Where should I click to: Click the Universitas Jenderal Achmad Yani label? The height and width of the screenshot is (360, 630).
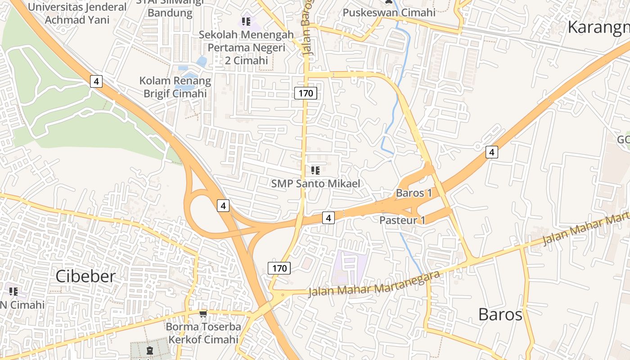click(77, 13)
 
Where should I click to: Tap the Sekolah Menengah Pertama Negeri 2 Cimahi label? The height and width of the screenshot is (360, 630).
click(246, 47)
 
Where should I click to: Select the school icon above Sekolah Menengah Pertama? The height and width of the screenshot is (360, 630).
click(246, 21)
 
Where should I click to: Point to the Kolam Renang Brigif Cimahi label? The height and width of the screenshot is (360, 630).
click(175, 87)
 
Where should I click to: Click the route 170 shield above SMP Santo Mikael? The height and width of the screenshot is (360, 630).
click(306, 93)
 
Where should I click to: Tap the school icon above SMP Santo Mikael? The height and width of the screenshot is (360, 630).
click(315, 170)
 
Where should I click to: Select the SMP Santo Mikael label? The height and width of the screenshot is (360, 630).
click(315, 184)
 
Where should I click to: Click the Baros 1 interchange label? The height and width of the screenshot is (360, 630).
click(414, 193)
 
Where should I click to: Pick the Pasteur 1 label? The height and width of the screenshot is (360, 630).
click(402, 220)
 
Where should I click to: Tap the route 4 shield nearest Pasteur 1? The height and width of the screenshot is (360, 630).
click(328, 218)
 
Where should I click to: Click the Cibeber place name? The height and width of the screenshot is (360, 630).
click(85, 276)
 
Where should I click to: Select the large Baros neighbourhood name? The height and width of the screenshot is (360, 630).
click(500, 314)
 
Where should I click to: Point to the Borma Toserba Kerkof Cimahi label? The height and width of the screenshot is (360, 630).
click(203, 333)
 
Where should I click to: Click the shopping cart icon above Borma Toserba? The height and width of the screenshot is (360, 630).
click(203, 313)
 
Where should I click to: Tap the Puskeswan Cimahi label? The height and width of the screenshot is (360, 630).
click(389, 12)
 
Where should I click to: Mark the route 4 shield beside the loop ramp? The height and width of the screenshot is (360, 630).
click(223, 206)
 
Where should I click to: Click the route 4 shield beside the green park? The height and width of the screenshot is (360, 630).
click(96, 81)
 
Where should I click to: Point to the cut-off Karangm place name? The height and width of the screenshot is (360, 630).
click(598, 27)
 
